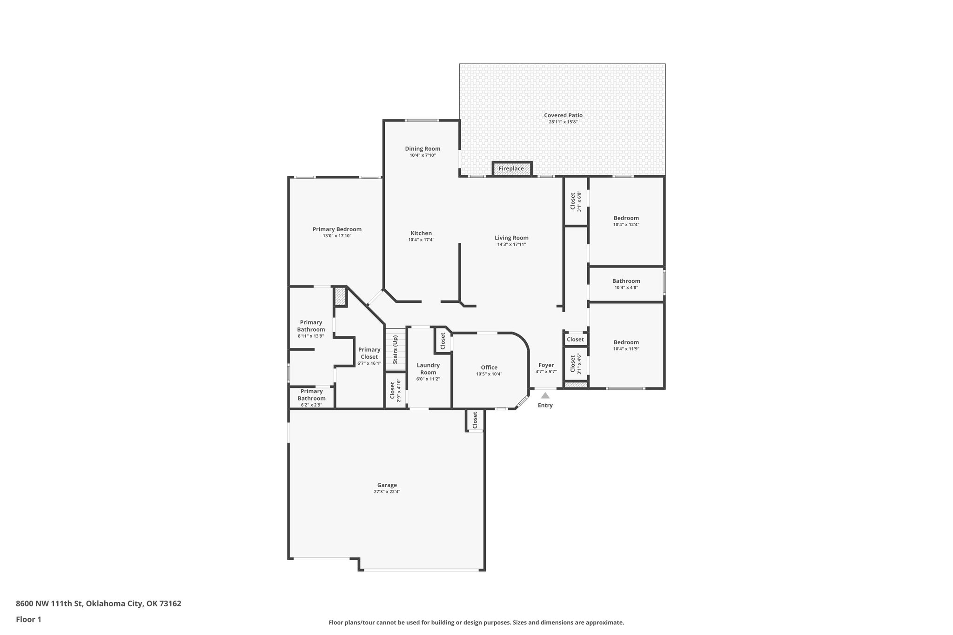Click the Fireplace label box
pos(511,169)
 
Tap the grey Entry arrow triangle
pos(545,396)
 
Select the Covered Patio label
pos(563,115)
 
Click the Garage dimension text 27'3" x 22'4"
pos(387,492)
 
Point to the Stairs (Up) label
pos(395,350)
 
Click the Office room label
pos(489,368)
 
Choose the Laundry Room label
pos(428,368)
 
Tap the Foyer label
pos(546,365)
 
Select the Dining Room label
pos(423,149)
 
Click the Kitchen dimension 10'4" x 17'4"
pos(421,240)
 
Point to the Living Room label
pos(511,238)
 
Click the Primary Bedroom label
pos(337,229)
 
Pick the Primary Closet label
pos(369,353)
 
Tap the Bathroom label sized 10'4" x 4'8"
pos(626,281)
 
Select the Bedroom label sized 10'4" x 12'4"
pos(626,218)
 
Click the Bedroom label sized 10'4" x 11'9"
pos(626,342)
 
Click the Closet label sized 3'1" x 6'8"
pos(573,201)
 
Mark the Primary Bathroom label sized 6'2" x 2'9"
pos(311,395)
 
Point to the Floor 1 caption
pos(28,619)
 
